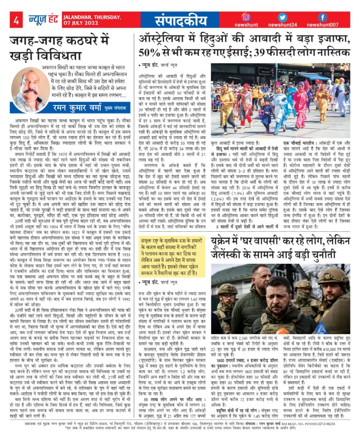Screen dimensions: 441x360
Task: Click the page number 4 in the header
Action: (16, 20)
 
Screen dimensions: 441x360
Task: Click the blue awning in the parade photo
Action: (323, 76)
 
